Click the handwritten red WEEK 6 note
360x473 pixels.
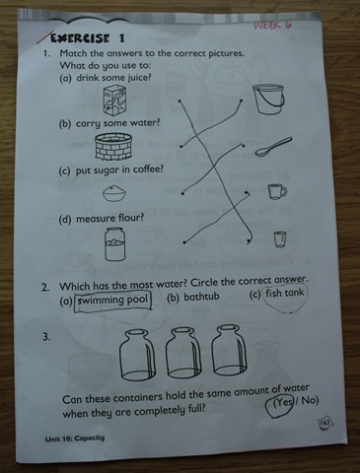tap(272, 25)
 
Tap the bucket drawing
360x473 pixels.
tap(268, 100)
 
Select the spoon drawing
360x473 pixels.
tap(273, 147)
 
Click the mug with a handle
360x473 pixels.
tap(277, 191)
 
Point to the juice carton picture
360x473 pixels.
tap(114, 100)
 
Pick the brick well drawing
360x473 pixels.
tap(113, 146)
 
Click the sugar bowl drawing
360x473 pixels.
tap(114, 193)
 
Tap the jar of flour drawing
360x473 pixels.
tap(114, 243)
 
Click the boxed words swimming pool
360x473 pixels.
tap(113, 301)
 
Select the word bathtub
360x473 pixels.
tap(201, 297)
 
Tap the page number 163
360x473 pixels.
tap(324, 423)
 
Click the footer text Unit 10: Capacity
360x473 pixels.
tap(75, 439)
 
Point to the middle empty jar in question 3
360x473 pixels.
tap(183, 352)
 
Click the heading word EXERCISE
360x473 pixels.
tap(79, 37)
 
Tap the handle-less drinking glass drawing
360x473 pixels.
tap(280, 239)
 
